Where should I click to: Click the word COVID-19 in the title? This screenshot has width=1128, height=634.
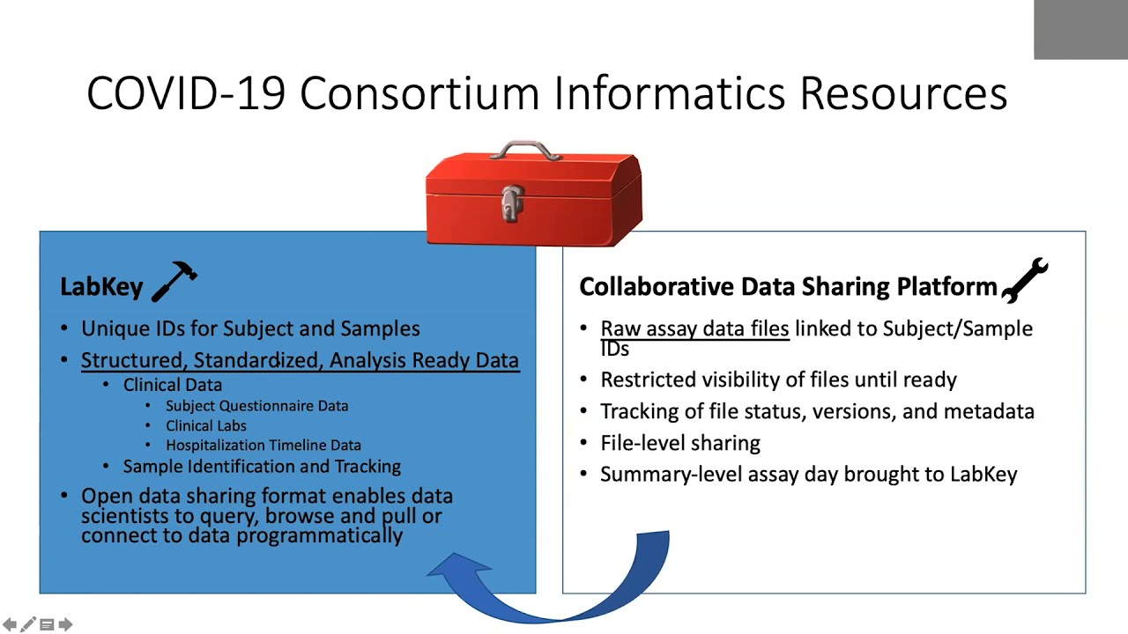coord(186,93)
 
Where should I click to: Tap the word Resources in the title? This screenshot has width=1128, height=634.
coord(903,93)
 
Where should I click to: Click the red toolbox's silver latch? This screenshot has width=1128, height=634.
coord(513,203)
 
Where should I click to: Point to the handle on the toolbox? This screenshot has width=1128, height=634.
coord(525,151)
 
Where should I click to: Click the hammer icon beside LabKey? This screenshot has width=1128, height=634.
coord(174,281)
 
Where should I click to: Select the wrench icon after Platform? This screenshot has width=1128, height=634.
coord(1025,280)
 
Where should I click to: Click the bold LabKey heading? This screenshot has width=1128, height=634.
coord(101,287)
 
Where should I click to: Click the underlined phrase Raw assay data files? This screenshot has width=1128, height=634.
coord(694,328)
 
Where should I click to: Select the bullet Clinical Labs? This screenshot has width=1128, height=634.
coord(206,425)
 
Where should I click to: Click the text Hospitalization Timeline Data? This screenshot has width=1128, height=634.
coord(263,446)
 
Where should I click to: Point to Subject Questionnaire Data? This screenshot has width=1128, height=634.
coord(256,406)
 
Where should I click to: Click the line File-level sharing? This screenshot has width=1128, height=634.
coord(680,443)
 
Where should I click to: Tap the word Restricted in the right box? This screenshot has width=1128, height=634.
coord(648,380)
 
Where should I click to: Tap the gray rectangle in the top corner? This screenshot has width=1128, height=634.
coord(1080,30)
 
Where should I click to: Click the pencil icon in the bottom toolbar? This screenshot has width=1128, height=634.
coord(28,624)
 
